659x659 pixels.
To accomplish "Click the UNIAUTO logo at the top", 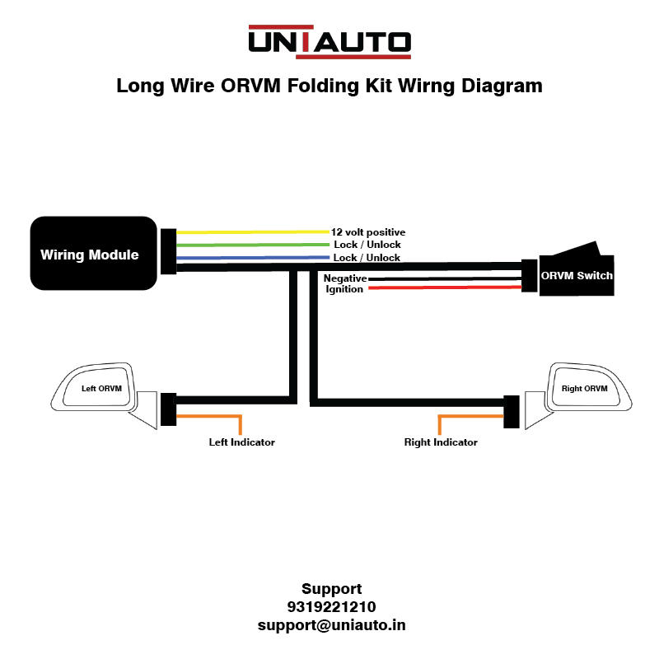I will point(329,41).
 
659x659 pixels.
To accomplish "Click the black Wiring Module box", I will point(93,254).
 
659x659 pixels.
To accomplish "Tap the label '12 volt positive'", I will point(368,232).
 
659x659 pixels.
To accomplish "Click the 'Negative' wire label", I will point(344,278).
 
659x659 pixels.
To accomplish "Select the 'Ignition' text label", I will point(344,289).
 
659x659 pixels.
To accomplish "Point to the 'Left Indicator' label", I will point(241,442).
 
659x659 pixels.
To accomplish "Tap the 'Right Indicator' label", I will point(441,442).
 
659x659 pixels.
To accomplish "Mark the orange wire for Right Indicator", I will point(470,416).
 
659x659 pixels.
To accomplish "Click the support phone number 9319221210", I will point(331,607).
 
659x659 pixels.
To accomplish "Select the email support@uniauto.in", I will point(331,625).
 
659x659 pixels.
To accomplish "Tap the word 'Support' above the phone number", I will point(331,589).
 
